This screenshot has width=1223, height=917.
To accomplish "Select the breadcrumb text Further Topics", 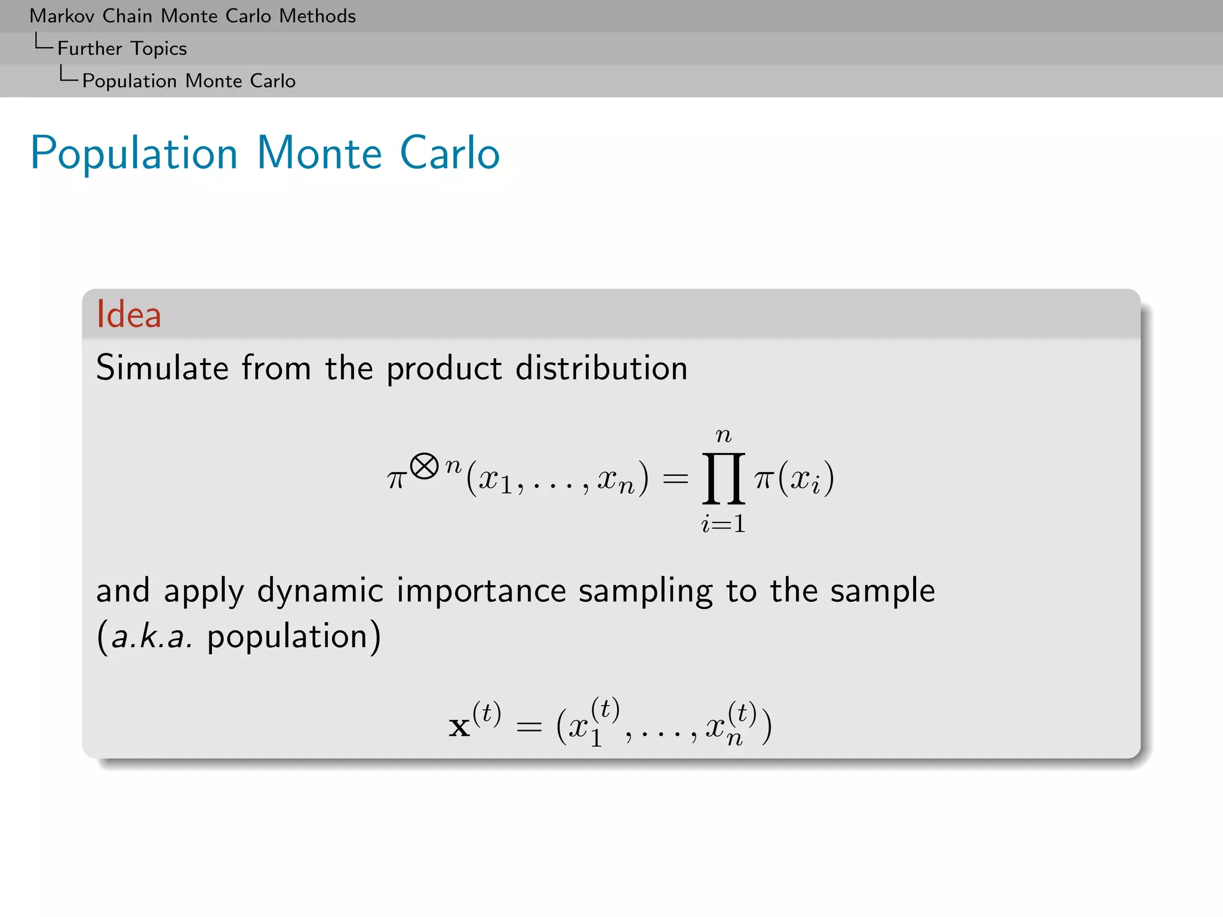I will click(122, 48).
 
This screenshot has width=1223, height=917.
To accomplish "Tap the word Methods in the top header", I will click(317, 16).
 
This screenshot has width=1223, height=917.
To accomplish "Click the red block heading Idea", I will click(128, 314).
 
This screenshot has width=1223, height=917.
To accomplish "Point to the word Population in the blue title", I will click(134, 153).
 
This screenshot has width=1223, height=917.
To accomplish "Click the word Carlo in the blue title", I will click(449, 153).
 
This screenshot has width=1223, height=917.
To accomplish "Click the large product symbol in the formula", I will click(723, 478).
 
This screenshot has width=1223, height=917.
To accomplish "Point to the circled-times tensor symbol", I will click(425, 466).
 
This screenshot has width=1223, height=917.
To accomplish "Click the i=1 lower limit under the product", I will click(723, 524).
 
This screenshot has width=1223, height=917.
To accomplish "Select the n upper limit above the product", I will click(723, 435).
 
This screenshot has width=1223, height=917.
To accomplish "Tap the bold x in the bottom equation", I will click(459, 727).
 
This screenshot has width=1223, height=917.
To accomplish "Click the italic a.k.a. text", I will click(152, 636).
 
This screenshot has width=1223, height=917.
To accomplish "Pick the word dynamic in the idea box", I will click(320, 591).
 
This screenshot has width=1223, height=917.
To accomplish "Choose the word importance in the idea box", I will click(481, 591).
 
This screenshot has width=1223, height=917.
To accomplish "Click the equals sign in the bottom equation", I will click(529, 727).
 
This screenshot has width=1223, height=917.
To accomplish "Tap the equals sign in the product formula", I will click(676, 478).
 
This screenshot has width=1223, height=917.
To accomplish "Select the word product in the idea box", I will click(444, 368).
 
